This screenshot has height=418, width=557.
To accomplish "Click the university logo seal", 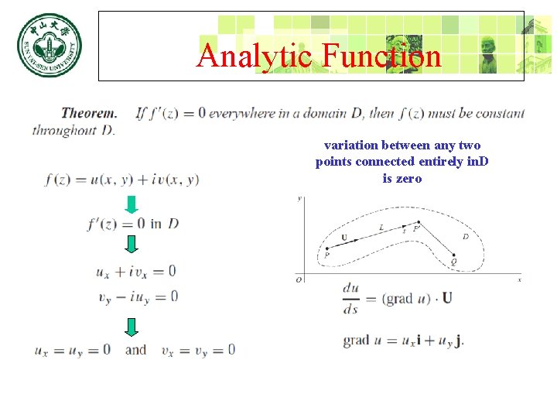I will coord(49,46).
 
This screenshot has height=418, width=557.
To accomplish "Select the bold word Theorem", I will coord(89,113).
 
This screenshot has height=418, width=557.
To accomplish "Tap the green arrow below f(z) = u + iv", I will coord(132,205).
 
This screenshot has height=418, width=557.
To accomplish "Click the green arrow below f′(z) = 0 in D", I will coord(132,244).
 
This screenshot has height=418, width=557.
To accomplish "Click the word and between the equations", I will coord(135,350).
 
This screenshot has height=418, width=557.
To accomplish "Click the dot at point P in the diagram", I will coord(326,246).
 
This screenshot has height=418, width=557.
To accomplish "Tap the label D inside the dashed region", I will coord(465,236).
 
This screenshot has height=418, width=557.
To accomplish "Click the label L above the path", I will coord(381,226).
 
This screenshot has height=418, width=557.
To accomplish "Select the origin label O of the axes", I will coord(299,279).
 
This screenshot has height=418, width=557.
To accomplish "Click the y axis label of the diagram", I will coord(299,199).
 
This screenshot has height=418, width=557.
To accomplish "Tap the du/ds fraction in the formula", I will coord(350,298).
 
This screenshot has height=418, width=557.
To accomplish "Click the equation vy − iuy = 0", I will coord(138,296).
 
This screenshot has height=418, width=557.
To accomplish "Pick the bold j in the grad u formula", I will coord(460,341).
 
